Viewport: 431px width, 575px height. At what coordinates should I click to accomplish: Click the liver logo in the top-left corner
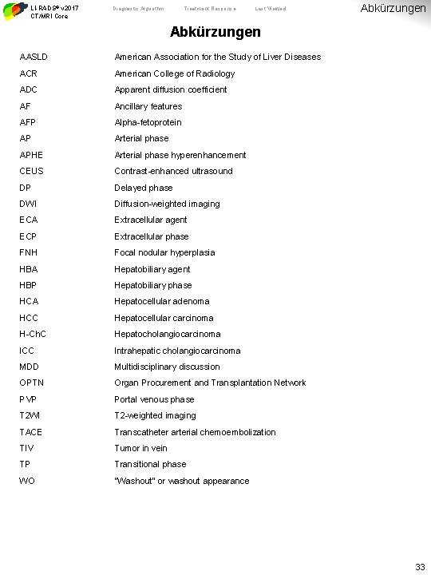[x=13, y=10]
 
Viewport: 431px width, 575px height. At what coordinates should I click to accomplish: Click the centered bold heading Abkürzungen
[x=215, y=34]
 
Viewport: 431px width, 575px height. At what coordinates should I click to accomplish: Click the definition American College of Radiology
[x=175, y=73]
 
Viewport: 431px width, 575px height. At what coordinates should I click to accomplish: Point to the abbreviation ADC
[x=30, y=89]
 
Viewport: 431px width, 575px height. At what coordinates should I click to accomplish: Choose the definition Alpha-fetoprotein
[x=148, y=122]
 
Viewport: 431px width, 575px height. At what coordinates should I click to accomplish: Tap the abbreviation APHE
[x=31, y=155]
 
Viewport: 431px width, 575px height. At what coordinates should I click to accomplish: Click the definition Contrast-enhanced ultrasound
[x=173, y=171]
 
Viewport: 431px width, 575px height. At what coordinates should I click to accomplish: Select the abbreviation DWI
[x=29, y=204]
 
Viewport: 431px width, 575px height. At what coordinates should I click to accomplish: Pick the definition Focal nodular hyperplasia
[x=164, y=252]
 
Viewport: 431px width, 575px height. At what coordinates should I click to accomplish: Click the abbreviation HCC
[x=30, y=318]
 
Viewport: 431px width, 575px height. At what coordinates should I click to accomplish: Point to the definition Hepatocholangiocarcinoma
[x=168, y=334]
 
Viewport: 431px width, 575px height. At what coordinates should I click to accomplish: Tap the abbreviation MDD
[x=30, y=367]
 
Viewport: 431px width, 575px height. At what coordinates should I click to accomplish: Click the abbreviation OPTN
[x=31, y=383]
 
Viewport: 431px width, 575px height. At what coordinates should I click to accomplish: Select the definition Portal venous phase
[x=154, y=399]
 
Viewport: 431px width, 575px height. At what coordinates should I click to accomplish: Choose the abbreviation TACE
[x=31, y=432]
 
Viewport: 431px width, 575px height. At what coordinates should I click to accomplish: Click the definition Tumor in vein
[x=140, y=448]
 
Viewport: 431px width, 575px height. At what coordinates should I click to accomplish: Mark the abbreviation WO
[x=27, y=481]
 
